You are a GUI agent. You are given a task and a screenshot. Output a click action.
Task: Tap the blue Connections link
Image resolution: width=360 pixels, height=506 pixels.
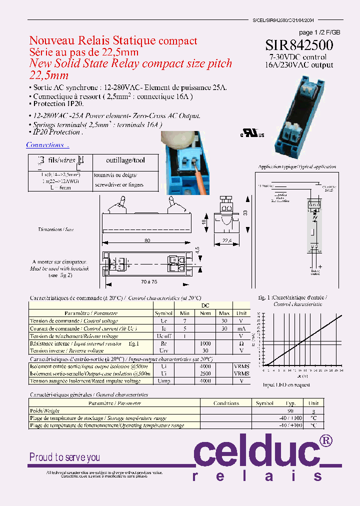(x=47, y=145)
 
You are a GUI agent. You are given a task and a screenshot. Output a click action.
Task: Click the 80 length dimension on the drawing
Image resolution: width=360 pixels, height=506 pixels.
(x=147, y=240)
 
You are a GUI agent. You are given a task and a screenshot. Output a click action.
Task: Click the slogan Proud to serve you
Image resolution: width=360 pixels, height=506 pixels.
(x=64, y=457)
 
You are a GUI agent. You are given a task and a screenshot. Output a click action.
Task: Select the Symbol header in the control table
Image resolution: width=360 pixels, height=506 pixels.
(x=163, y=313)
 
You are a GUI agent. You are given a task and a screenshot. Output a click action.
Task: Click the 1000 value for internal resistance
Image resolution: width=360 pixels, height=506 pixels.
(x=205, y=343)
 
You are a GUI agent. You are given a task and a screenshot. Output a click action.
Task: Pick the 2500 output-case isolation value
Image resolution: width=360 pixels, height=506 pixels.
(x=205, y=373)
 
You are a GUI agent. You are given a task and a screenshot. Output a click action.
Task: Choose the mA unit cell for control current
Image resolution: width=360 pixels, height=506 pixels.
(x=241, y=328)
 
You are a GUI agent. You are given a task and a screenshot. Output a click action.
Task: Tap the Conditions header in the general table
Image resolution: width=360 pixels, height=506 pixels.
(x=226, y=403)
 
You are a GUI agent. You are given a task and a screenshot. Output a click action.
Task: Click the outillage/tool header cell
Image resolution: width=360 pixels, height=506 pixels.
(x=125, y=160)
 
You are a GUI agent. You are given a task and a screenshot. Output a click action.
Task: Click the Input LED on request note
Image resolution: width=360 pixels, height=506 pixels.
(x=286, y=384)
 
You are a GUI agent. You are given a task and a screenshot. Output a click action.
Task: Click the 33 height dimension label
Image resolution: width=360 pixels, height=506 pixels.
(x=245, y=213)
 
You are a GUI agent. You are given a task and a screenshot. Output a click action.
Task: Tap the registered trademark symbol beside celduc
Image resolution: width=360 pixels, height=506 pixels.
(x=325, y=440)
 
